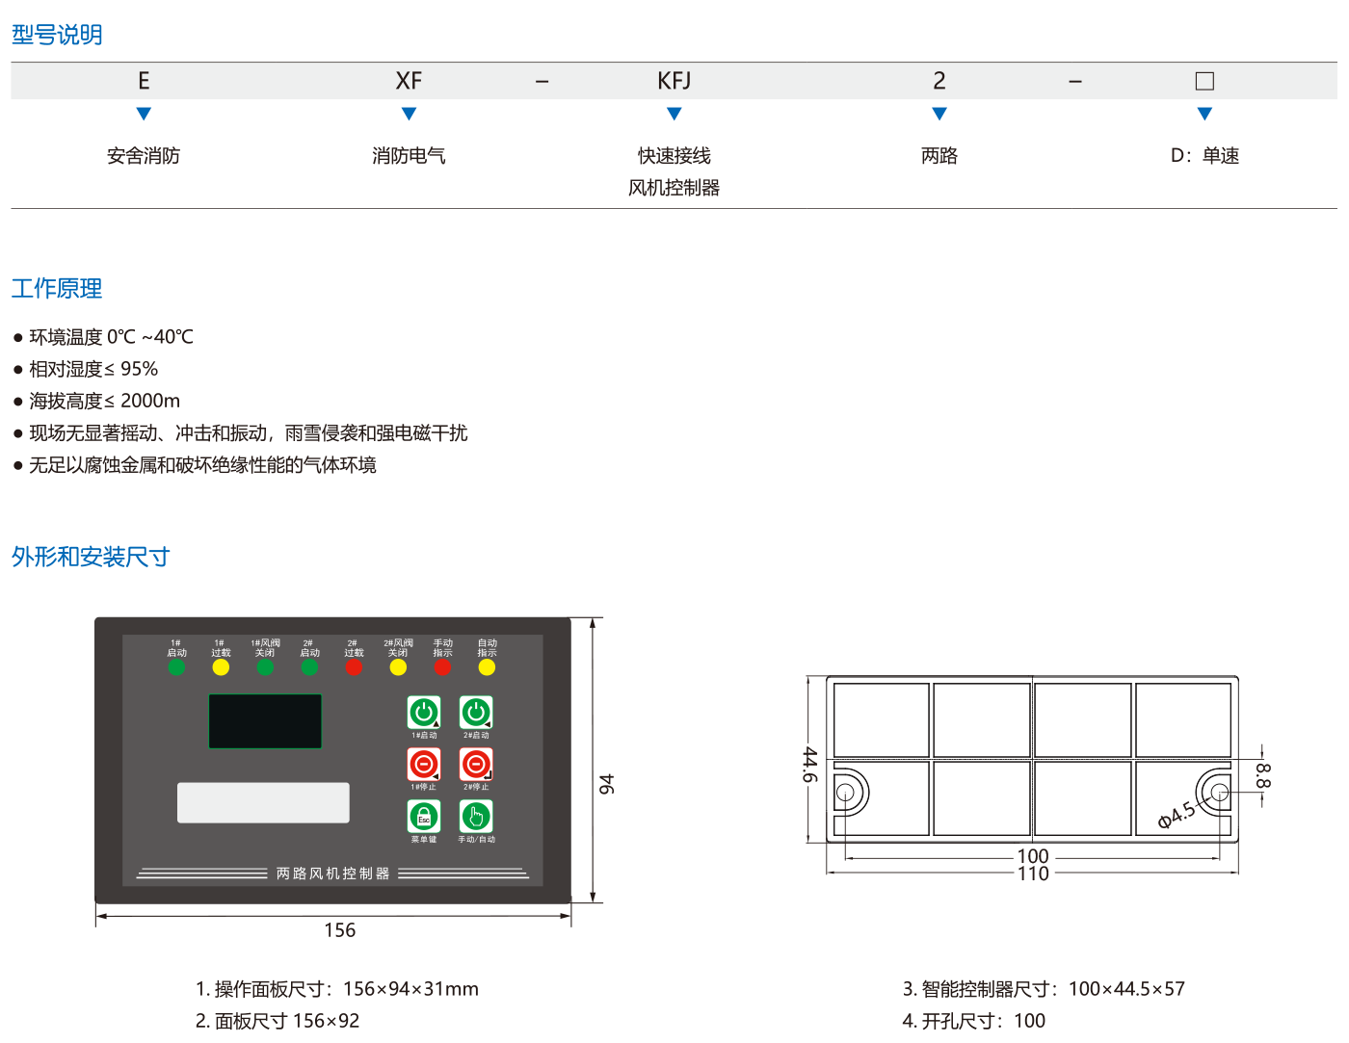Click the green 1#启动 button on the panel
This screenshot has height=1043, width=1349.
424,713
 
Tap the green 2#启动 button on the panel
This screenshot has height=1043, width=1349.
476,713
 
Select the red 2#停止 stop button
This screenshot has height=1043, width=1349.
476,765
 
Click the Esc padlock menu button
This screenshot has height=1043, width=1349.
424,817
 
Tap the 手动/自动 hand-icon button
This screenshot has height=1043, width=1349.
476,817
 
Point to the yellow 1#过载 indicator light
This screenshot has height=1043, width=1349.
221,667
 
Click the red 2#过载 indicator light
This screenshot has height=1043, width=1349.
354,667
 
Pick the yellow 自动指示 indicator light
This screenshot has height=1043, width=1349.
487,667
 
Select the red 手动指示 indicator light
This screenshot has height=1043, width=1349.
442,667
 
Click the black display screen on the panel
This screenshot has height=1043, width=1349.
265,721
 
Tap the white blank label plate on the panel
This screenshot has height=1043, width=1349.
263,802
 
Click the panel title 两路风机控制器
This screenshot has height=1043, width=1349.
332,874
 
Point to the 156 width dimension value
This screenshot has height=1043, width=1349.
339,930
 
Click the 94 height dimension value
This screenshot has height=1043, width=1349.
606,784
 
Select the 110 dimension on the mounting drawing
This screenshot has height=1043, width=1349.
1033,874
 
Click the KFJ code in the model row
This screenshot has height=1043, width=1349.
674,81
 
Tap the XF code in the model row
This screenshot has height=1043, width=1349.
409,81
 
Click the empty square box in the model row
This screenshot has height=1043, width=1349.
1204,81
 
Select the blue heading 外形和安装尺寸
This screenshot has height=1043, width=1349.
91,557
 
